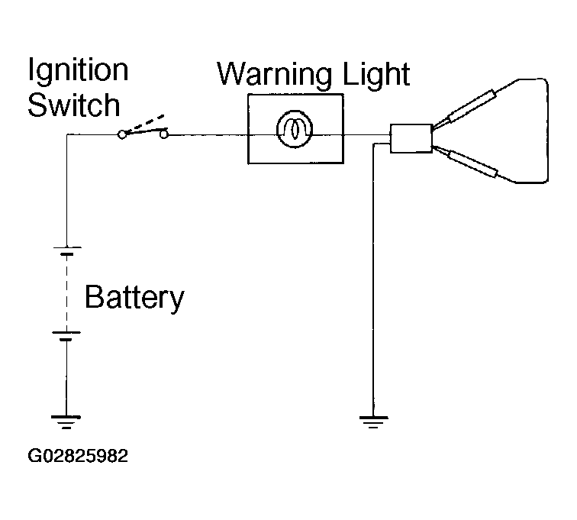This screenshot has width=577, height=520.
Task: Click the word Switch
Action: click(x=74, y=105)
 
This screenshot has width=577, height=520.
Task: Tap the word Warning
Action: click(x=275, y=76)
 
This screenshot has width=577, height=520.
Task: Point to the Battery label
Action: click(x=134, y=298)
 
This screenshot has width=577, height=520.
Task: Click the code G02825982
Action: click(x=78, y=456)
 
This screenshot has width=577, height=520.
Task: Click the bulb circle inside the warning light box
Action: click(x=295, y=129)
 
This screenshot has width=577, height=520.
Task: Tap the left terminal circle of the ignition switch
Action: click(x=122, y=134)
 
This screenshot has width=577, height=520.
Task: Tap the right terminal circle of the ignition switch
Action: click(x=164, y=135)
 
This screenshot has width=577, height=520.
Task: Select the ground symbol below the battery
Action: click(x=66, y=422)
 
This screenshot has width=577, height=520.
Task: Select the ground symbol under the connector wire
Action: click(x=373, y=422)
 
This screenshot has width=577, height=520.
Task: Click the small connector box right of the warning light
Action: click(x=411, y=138)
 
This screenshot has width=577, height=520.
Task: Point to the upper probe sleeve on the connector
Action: click(x=472, y=106)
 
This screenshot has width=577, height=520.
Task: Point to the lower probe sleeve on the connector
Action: click(x=472, y=163)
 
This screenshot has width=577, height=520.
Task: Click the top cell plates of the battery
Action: click(x=67, y=250)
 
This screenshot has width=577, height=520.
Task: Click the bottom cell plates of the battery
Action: click(x=66, y=336)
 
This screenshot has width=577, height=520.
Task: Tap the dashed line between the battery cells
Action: click(x=66, y=293)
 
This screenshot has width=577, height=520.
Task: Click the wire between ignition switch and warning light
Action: click(x=208, y=135)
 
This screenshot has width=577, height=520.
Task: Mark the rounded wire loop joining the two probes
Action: click(x=547, y=131)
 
